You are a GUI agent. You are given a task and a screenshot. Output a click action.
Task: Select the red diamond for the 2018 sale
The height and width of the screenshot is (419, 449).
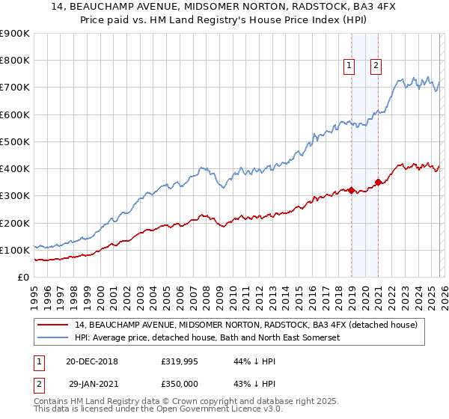(x=351, y=190)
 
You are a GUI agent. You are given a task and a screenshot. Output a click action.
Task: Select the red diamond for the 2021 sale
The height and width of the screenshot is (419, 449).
(x=379, y=182)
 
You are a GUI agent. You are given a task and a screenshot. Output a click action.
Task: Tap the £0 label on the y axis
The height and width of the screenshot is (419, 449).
(x=24, y=277)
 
